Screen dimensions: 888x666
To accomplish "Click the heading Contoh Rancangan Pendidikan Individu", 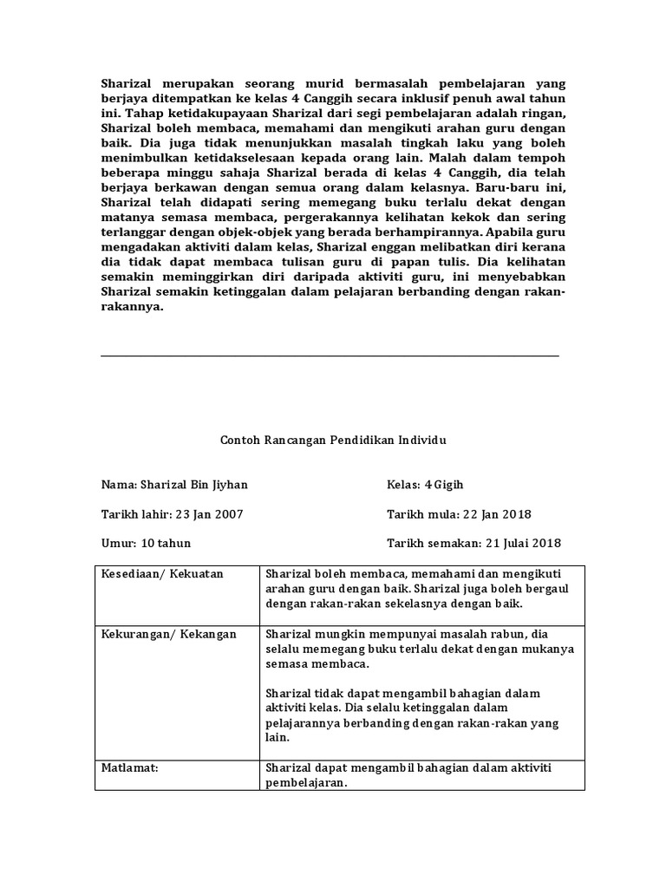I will (x=333, y=440).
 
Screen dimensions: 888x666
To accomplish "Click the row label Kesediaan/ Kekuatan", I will (x=163, y=574).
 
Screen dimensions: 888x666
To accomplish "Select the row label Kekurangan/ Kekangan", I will (x=169, y=634).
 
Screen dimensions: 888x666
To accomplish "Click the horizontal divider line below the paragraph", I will (x=330, y=356).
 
